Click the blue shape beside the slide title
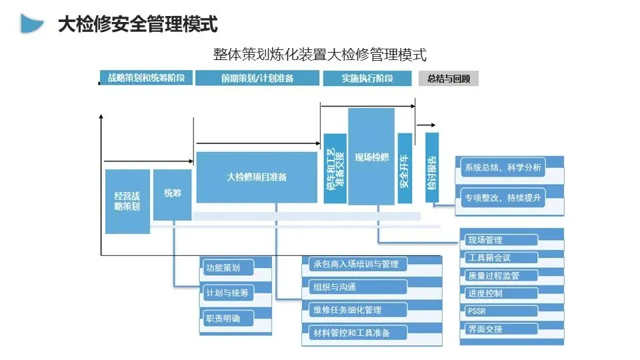tap(31, 23)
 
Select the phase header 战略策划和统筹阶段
tap(146, 77)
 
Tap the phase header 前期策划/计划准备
tap(257, 78)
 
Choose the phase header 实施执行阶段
tap(367, 78)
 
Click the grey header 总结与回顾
tap(449, 79)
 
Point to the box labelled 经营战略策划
tap(127, 201)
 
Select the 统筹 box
tap(172, 195)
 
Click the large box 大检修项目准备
tap(257, 177)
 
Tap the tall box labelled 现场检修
tap(371, 156)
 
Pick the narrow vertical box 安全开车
tap(405, 168)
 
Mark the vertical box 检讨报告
tap(432, 167)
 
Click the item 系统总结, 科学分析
tap(503, 167)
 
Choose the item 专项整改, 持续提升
tap(503, 198)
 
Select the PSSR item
tap(501, 311)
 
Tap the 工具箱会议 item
tap(501, 257)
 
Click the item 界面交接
tap(501, 329)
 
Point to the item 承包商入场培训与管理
tap(355, 265)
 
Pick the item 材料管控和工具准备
tap(355, 333)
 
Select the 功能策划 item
tap(229, 268)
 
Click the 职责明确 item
tap(229, 319)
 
